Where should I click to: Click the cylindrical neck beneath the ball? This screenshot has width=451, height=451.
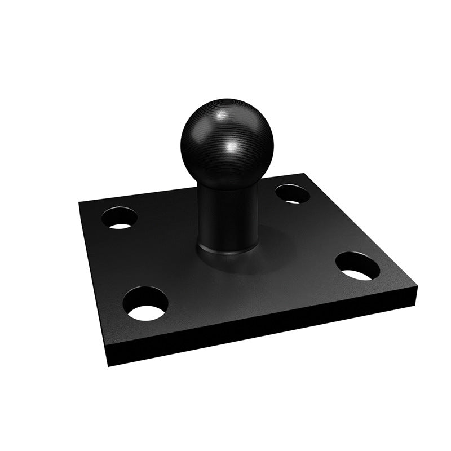[225, 217]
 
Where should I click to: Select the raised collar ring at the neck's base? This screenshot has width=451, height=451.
[225, 251]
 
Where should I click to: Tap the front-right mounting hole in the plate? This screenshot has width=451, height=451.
[357, 266]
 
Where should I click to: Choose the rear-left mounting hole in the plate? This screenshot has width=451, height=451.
[120, 218]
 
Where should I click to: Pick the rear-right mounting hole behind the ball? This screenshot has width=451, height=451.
[292, 194]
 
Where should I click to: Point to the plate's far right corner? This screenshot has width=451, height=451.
[418, 288]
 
